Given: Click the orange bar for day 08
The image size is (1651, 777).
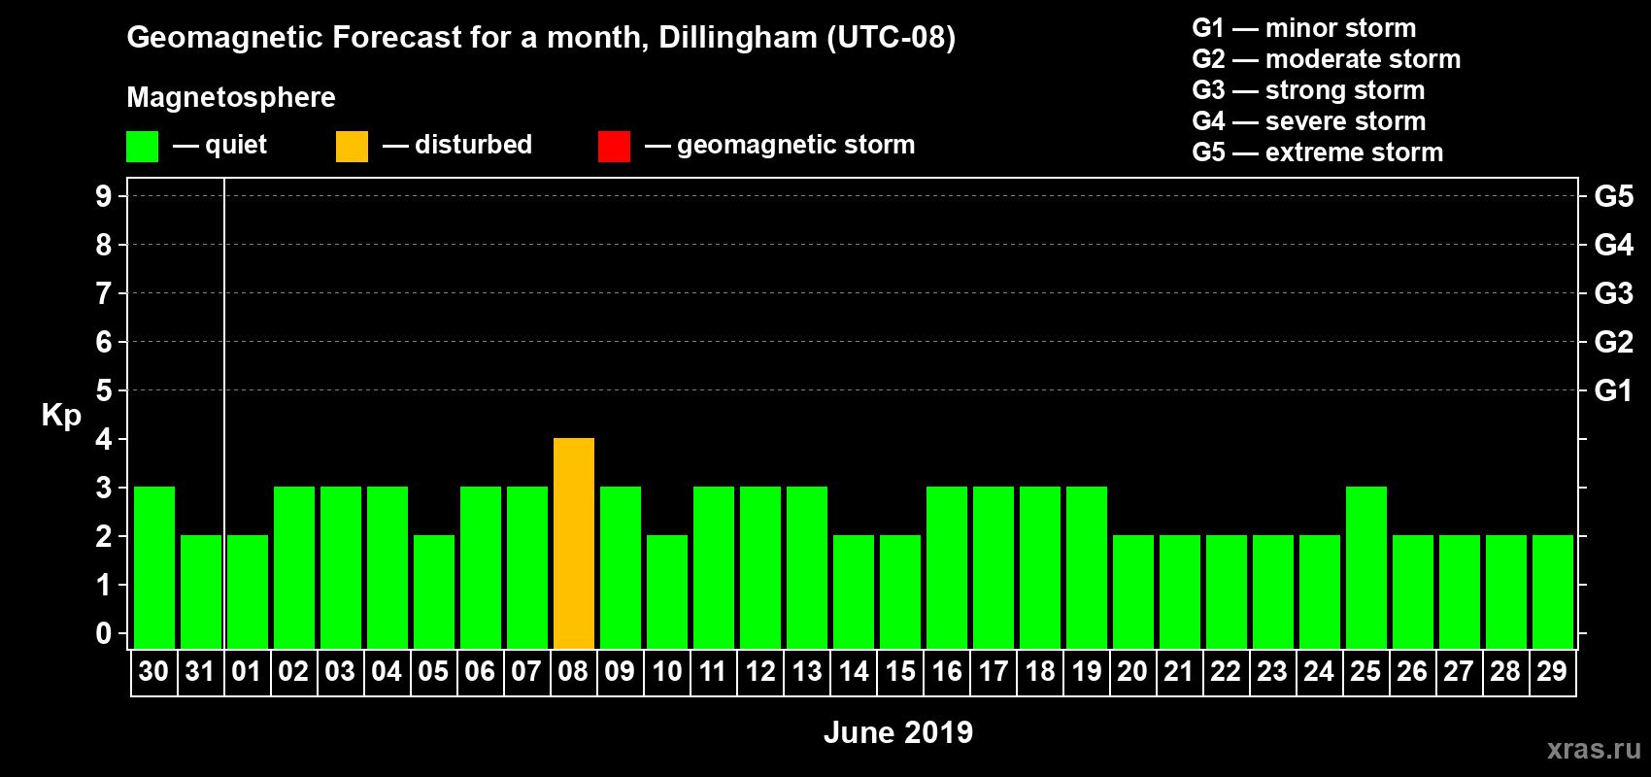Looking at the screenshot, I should coord(573,543).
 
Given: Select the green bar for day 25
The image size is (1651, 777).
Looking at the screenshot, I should coord(1365,567).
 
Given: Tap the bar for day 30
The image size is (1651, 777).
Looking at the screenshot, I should coord(153,567).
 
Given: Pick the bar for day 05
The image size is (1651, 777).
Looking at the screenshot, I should coord(433,591).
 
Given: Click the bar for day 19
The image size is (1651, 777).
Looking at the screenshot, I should coord(1086,567).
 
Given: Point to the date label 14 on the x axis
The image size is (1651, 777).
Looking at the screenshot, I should coord(853,671).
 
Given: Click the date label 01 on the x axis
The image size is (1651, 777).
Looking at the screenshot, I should coord(247,671).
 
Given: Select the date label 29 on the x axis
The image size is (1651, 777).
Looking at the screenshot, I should coord(1552,671).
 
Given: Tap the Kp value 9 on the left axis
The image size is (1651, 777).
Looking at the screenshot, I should coord(104,196).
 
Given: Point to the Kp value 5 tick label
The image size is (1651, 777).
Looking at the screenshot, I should coord(104,390).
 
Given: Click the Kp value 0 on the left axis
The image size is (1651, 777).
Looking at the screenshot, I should coord(104,633).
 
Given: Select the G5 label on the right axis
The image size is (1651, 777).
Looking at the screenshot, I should coord(1613,196).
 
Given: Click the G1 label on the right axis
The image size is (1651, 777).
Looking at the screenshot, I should coord(1613,390).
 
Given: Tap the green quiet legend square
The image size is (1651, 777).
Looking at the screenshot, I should coord(142,147).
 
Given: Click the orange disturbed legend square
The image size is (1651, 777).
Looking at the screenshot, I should coord(352,147).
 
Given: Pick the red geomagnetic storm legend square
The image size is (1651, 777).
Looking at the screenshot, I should coord(614,147).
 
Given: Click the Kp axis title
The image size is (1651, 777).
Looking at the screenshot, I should coord(61,416).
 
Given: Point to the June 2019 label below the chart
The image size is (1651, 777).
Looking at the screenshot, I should coord(897,732).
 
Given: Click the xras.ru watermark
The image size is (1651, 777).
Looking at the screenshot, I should coord(1593,749).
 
